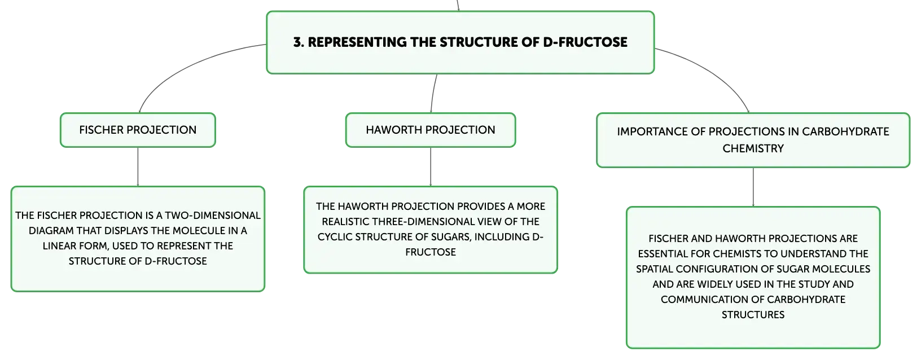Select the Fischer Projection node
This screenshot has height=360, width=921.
pos(138,130)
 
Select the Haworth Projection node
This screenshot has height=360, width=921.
pos(431,130)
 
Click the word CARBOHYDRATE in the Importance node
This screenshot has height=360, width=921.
pos(845,131)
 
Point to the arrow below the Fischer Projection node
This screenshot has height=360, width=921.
pos(138,166)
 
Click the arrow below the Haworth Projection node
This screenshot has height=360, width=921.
pos(431,166)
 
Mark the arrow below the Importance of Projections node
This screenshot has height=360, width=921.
pos(753,187)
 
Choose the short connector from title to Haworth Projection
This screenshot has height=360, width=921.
pos(433,93)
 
